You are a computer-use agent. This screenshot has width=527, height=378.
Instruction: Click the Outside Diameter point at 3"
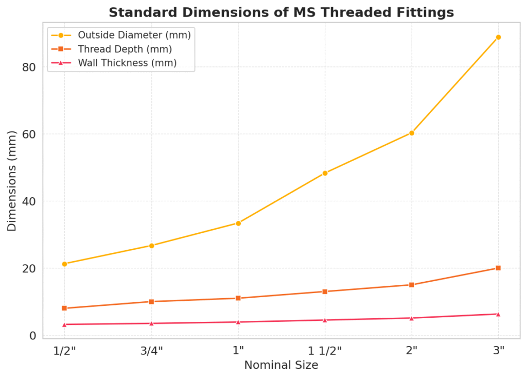[x=498, y=37]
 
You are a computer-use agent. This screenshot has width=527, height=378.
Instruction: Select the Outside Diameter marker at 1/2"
[x=64, y=264]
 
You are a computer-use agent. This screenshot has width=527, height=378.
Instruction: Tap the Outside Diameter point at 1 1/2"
[x=325, y=173]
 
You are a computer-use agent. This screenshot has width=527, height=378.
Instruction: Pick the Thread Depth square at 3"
[x=498, y=268]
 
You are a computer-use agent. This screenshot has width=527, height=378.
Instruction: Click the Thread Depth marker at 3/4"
[x=151, y=301]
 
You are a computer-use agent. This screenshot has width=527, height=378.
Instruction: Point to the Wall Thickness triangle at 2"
[x=411, y=318]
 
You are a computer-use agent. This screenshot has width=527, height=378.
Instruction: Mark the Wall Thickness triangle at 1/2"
[x=64, y=324]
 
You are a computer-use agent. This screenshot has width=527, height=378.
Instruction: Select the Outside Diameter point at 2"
[x=411, y=133]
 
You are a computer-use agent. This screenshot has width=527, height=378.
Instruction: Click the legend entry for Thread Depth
[x=125, y=49]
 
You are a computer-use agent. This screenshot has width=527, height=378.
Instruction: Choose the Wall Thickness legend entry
[x=127, y=63]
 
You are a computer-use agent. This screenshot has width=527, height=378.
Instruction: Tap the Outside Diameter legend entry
[x=134, y=36]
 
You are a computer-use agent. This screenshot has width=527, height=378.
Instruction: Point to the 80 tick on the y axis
[x=28, y=67]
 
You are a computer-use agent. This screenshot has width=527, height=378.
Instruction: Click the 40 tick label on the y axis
[x=28, y=201]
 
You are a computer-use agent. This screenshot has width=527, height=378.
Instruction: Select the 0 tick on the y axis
[x=32, y=336]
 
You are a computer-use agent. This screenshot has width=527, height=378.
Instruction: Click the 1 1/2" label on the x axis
[x=325, y=351]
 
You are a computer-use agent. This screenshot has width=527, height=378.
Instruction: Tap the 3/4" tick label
[x=151, y=351]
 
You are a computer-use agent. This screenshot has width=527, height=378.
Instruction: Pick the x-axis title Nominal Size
[x=281, y=365]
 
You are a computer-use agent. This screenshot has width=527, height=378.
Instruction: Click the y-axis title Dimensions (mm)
[x=12, y=181]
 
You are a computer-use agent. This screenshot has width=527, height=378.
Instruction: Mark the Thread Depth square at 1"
[x=238, y=298]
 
